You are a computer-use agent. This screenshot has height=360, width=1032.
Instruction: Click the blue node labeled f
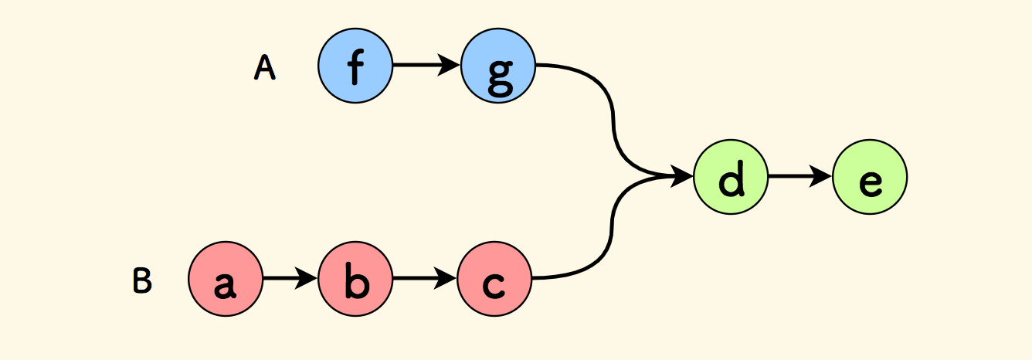coord(355,66)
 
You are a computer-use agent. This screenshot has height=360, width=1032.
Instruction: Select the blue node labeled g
coord(498,66)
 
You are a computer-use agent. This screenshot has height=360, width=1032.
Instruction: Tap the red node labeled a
coord(226,278)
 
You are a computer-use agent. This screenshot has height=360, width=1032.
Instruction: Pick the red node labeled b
coord(355,278)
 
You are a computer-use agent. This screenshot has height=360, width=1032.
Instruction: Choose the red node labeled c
coord(494,278)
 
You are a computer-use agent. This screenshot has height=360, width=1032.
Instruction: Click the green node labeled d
coord(731,177)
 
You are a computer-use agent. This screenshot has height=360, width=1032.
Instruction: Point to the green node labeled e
coord(870,177)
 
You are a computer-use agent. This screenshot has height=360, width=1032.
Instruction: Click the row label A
coord(264,69)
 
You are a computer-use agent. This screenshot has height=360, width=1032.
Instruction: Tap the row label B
coord(141,281)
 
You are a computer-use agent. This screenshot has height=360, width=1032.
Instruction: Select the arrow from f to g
coord(421,66)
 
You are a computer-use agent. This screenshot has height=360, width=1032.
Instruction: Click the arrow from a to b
coord(286,278)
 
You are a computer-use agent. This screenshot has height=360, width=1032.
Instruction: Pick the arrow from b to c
coord(421,278)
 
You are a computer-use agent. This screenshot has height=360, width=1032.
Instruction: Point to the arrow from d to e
coord(796,177)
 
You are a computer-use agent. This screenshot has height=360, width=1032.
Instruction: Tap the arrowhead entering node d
coord(683,177)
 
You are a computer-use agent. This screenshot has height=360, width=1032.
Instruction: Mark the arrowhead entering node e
coord(822,177)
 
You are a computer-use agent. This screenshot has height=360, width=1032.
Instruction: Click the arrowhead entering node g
coord(450,66)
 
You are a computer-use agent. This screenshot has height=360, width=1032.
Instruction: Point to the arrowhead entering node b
coord(307,278)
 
